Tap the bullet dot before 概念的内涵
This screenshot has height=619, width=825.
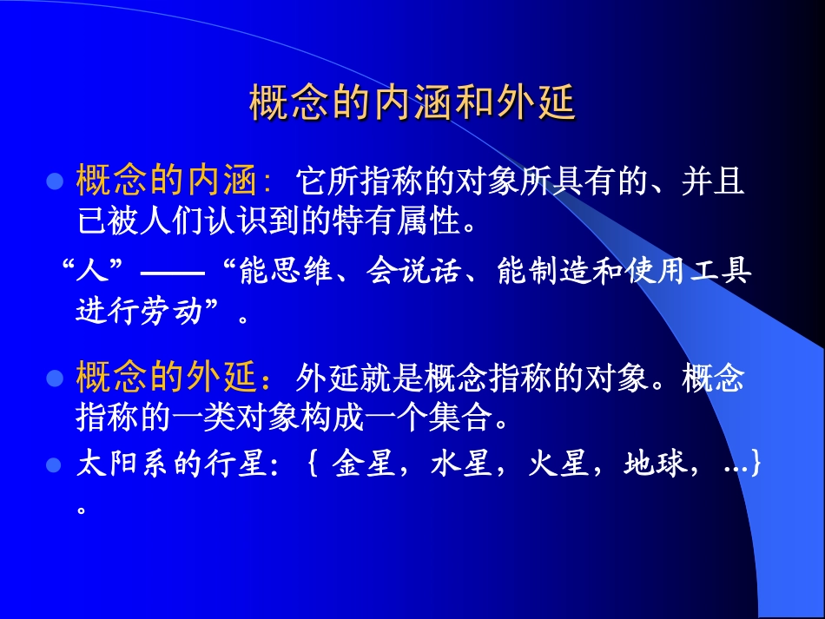coord(56,182)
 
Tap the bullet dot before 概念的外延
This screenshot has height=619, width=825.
coord(56,379)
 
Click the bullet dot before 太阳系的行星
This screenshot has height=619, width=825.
coord(56,465)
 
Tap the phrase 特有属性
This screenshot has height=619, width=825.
coord(413,222)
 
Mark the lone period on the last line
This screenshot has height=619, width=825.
coord(82,509)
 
